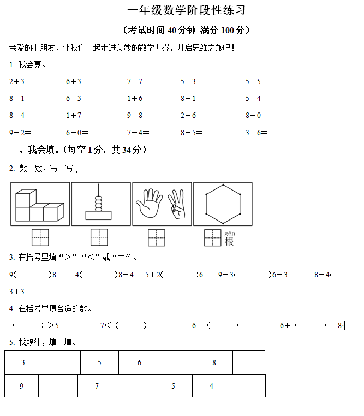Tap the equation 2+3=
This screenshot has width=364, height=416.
coord(20,81)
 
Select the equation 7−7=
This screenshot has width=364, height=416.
coord(138,81)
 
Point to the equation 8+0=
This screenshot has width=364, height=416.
coord(256,115)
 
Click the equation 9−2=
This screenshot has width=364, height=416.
coord(20,132)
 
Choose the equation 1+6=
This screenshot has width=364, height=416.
coord(138,98)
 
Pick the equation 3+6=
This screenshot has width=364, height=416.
coord(256,132)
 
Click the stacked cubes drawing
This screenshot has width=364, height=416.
coord(39,205)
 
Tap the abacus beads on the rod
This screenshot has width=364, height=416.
coord(98,200)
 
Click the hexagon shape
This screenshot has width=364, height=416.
coord(222,204)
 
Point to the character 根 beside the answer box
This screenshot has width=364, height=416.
coord(229,241)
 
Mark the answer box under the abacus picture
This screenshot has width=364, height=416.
coord(99,237)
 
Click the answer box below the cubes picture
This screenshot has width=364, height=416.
coord(40,237)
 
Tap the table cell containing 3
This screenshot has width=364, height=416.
coord(23,362)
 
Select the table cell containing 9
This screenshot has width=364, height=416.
coord(21,386)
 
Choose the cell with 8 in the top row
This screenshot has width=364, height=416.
coord(214,362)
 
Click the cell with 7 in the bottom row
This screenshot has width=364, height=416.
coord(97,386)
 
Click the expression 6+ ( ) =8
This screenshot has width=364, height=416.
coord(311,325)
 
